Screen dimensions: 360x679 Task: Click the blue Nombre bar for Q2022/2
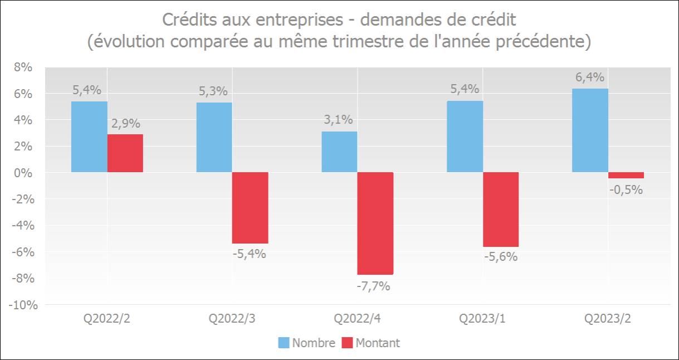[x=89, y=137]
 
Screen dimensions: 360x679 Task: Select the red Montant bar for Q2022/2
[x=125, y=153]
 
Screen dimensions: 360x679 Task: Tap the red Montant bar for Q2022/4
[x=375, y=223]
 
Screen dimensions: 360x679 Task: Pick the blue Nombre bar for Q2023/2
[x=590, y=130]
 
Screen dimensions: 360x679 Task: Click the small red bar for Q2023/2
[x=626, y=175]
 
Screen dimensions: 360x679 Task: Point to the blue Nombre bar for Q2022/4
[x=339, y=152]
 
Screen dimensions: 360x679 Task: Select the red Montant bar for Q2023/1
[x=501, y=210]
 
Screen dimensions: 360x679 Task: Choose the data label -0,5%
[x=626, y=189]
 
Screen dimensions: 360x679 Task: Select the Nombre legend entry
[x=307, y=343]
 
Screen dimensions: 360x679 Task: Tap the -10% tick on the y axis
[x=21, y=305]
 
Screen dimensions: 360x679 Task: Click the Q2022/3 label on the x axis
[x=232, y=319]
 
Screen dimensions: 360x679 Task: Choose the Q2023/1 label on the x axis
[x=482, y=319]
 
